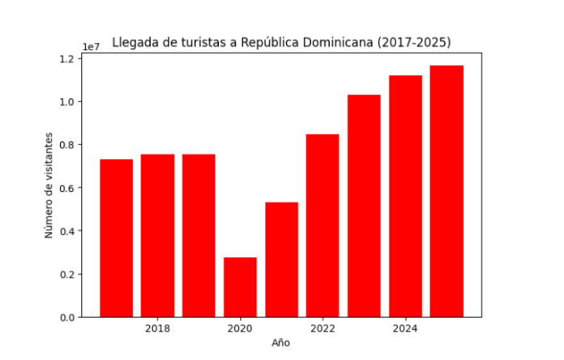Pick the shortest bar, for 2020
(240, 287)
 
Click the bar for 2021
(281, 259)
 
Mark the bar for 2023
(364, 206)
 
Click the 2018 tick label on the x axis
(157, 328)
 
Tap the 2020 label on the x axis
(240, 328)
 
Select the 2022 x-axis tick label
(323, 328)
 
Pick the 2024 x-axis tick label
(405, 328)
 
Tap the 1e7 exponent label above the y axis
(90, 46)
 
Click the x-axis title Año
(280, 343)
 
